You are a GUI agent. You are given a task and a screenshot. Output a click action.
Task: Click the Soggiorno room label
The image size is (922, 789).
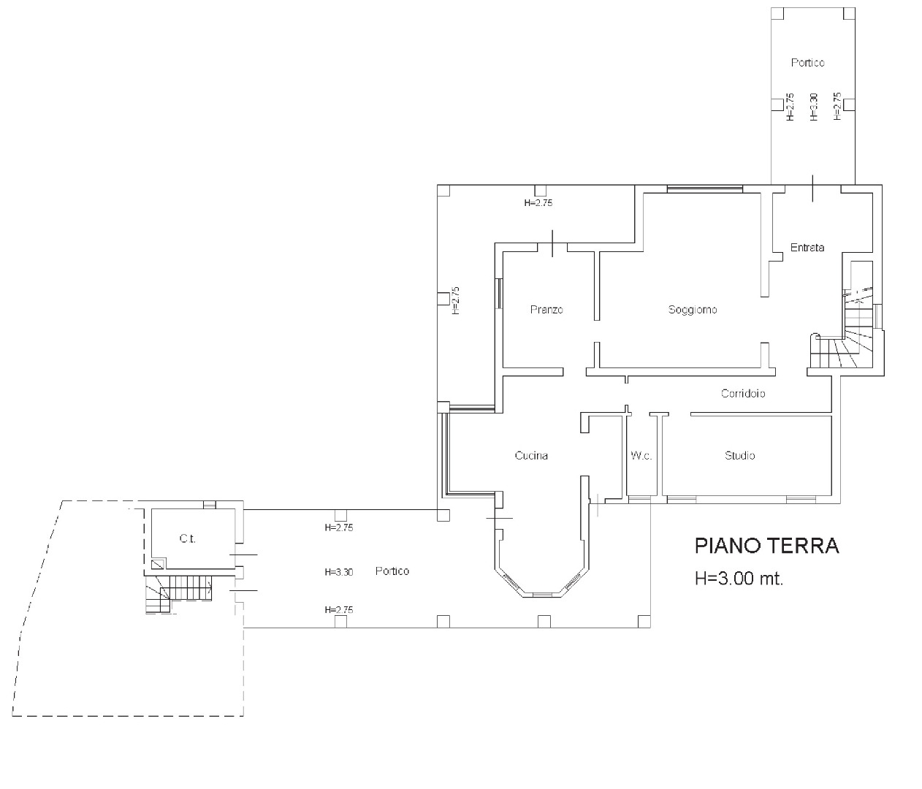point(693,310)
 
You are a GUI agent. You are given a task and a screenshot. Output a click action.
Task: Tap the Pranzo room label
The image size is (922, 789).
point(546,310)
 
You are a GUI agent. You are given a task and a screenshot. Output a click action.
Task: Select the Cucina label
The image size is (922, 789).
point(531,455)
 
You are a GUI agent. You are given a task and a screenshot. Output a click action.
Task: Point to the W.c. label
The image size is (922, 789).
point(641,455)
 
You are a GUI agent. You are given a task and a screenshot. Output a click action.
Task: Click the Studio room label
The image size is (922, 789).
point(739,455)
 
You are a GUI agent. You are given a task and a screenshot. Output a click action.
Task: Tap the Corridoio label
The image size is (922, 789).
point(743,393)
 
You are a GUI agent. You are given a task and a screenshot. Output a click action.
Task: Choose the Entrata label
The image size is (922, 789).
point(807,248)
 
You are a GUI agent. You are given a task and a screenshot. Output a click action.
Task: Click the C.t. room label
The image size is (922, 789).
point(187,539)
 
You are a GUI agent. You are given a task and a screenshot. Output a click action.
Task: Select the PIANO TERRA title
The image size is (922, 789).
point(767,546)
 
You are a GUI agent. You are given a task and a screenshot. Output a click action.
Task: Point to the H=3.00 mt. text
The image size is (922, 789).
point(739,579)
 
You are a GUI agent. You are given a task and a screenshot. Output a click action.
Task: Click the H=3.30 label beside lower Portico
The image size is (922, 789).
point(339,572)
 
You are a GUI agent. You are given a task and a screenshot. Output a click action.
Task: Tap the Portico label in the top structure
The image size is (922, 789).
point(808,62)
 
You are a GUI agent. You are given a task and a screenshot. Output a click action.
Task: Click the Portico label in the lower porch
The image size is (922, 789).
point(392,571)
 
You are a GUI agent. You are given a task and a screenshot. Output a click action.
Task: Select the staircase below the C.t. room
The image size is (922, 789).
point(179,594)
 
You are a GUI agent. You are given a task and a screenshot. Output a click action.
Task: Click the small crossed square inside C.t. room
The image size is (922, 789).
point(158,565)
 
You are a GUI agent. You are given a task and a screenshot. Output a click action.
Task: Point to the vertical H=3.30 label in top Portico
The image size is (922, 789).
point(814,107)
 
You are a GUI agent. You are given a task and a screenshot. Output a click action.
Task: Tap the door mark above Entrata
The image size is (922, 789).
point(812,188)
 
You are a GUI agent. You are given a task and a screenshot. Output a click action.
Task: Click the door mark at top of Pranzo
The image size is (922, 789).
point(552,243)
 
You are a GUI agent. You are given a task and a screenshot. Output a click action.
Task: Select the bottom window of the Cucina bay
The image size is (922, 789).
point(542,595)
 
